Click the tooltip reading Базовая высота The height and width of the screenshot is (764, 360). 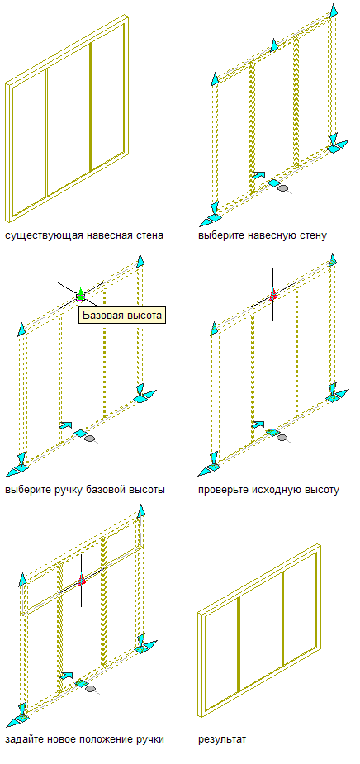(121, 315)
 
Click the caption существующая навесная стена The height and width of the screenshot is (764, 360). (83, 236)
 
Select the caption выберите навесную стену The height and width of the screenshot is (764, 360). (263, 236)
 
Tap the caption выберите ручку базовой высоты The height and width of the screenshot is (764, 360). (85, 490)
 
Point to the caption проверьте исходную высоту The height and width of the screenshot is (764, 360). (268, 490)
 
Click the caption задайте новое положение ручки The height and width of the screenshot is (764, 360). (84, 739)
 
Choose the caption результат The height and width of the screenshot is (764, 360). (222, 739)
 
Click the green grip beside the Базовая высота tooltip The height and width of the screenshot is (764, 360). (80, 294)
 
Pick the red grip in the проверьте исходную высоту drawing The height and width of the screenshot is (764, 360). (272, 294)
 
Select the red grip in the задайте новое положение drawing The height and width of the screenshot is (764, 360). (82, 579)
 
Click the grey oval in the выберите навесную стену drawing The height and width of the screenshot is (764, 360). (282, 187)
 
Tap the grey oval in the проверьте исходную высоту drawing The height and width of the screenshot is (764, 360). (282, 438)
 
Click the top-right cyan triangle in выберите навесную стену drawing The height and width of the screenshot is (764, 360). (334, 10)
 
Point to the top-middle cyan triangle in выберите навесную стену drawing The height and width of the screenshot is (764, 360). (274, 45)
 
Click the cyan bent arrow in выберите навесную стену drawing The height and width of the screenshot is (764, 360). (259, 174)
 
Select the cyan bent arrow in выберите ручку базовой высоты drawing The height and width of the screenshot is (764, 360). (65, 425)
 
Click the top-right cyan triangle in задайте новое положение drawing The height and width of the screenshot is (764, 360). (141, 510)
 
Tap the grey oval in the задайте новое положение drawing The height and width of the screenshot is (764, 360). (90, 689)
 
